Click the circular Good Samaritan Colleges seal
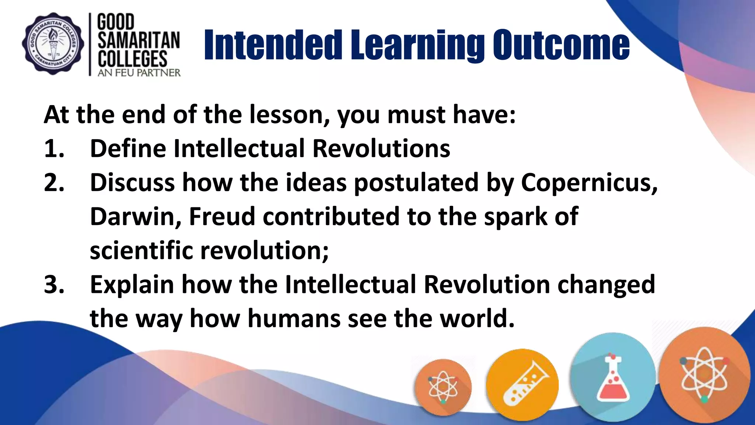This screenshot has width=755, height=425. pyautogui.click(x=53, y=44)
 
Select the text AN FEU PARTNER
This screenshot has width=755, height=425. pyautogui.click(x=139, y=73)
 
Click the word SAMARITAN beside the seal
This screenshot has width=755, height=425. pyautogui.click(x=139, y=41)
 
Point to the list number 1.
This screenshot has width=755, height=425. pyautogui.click(x=54, y=149)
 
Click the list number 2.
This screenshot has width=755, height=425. pyautogui.click(x=54, y=183)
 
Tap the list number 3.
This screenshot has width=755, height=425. pyautogui.click(x=54, y=285)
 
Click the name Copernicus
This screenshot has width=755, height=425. pyautogui.click(x=589, y=183)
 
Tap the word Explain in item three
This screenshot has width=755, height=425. pyautogui.click(x=132, y=285)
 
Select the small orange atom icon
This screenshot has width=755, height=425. pyautogui.click(x=443, y=387)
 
